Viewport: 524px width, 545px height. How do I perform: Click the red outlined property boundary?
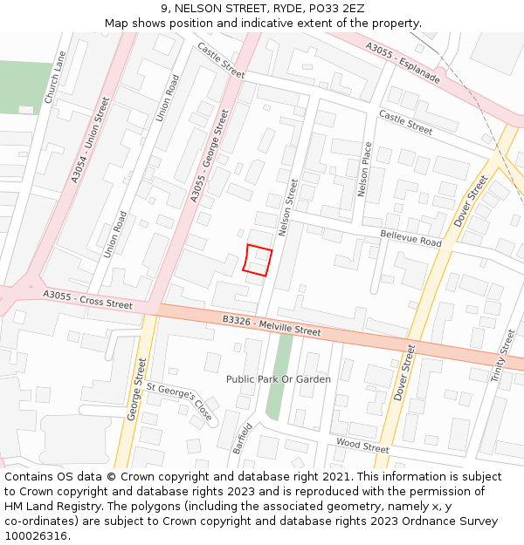257,261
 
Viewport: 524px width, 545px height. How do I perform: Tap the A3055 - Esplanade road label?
403,63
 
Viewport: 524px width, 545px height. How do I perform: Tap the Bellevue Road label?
410,238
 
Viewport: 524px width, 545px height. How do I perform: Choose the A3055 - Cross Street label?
87,299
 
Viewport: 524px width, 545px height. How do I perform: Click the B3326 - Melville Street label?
272,325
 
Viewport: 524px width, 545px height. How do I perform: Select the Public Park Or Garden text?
278,379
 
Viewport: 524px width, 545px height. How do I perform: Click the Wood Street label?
362,446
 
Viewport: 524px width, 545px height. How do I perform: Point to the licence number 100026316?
35,536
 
